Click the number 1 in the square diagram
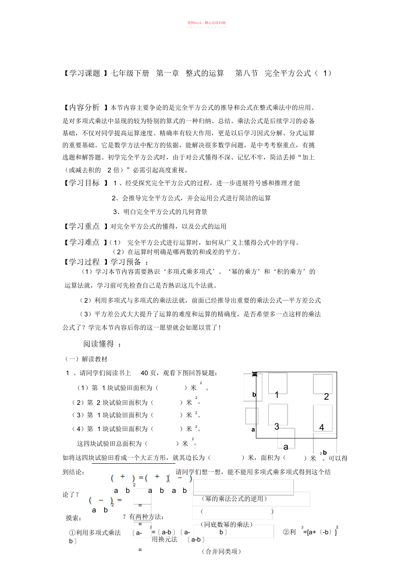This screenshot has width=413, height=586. [x=277, y=395]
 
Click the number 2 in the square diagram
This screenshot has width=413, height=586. [x=326, y=397]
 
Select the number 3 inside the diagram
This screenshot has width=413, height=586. [x=277, y=426]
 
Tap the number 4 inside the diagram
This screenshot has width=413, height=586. [x=321, y=427]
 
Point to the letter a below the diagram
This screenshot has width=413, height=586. [x=286, y=447]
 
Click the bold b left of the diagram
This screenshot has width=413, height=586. [x=254, y=394]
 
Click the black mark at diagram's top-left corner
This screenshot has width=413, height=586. [x=255, y=374]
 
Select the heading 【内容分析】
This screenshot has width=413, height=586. [x=86, y=107]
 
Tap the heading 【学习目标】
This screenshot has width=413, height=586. [x=86, y=183]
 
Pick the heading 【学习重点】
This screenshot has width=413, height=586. [x=86, y=226]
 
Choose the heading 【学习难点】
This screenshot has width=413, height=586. [x=86, y=242]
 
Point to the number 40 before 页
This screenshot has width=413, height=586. [x=144, y=373]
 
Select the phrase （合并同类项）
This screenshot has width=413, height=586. [x=223, y=551]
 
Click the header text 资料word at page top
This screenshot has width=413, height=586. [x=194, y=22]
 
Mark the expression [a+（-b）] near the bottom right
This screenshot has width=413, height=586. [x=321, y=532]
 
